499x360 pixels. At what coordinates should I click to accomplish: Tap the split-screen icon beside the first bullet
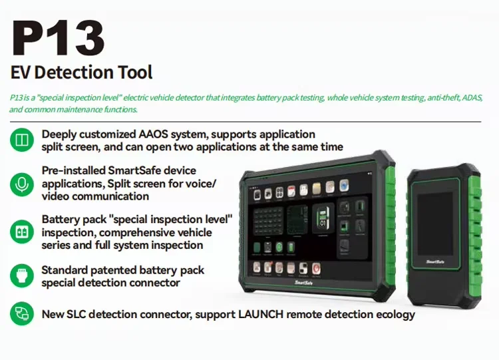pos(22,140)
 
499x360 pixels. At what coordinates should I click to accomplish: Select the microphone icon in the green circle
pos(22,184)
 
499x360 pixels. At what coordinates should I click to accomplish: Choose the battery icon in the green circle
pos(22,232)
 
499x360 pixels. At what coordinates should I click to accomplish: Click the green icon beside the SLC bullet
pos(22,313)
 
